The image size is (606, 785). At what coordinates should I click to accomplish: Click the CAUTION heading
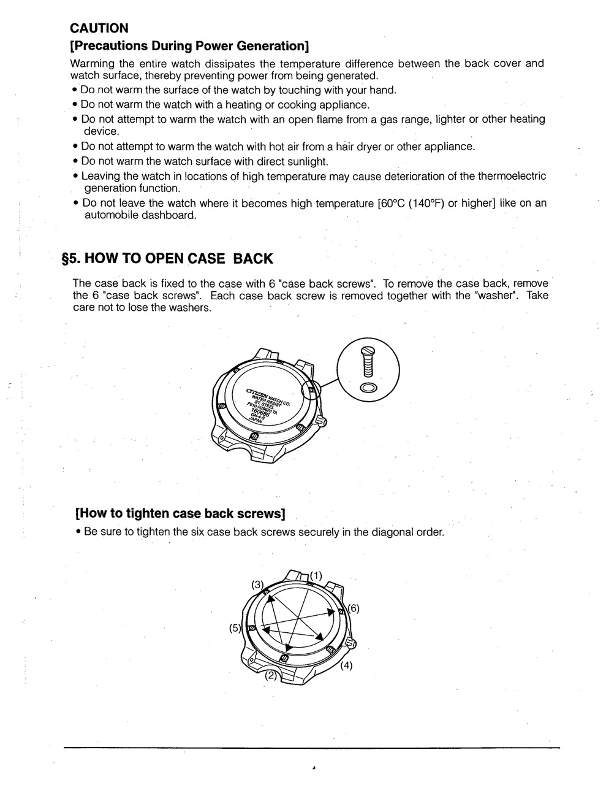99,28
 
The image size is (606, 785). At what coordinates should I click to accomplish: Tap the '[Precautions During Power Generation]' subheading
189,46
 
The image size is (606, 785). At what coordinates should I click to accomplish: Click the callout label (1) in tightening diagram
316,575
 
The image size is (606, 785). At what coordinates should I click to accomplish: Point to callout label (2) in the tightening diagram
270,676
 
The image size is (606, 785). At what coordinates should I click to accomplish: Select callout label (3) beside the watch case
258,584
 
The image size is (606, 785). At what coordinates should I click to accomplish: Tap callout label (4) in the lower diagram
346,665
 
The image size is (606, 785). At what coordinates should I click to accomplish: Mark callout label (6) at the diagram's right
353,608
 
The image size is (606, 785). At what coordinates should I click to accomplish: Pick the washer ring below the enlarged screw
368,388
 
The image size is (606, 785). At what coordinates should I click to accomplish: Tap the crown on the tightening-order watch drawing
352,642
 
